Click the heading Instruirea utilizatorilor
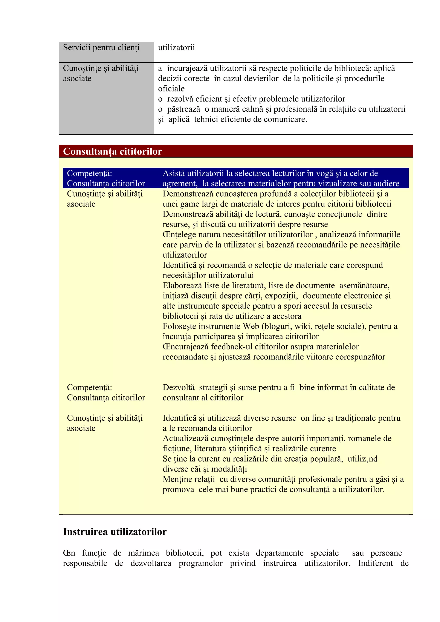(x=115, y=532)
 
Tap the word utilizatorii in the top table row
(x=176, y=48)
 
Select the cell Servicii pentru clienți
(x=101, y=48)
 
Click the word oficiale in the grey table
(x=171, y=89)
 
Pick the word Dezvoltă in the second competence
(x=178, y=387)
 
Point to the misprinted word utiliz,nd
(x=362, y=459)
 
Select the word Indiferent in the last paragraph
(x=375, y=563)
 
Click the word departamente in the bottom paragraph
(x=280, y=553)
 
